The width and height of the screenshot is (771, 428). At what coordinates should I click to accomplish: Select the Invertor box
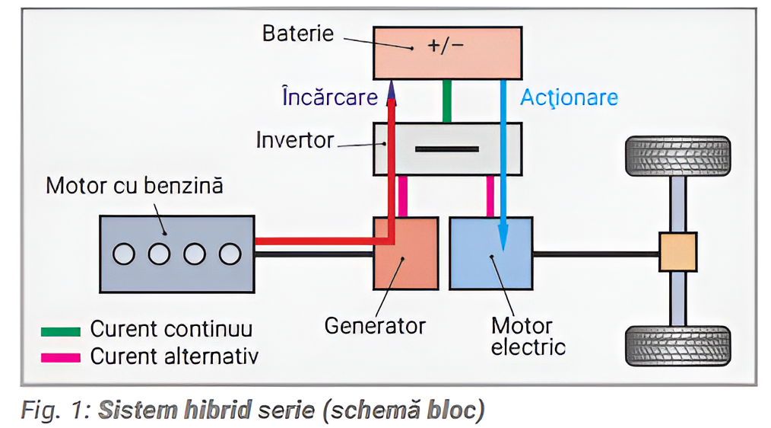(447, 149)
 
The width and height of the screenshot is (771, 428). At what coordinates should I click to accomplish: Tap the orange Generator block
(405, 254)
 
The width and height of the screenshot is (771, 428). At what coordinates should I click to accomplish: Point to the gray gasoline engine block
(176, 254)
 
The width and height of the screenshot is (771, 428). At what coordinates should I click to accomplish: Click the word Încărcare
(329, 97)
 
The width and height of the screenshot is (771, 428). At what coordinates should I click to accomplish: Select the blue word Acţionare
(569, 97)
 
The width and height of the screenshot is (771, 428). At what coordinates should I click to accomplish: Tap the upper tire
(677, 155)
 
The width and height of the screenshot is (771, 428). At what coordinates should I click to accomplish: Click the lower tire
(677, 346)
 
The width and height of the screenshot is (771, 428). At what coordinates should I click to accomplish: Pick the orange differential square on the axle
(677, 252)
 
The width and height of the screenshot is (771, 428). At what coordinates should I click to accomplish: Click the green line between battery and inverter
(447, 101)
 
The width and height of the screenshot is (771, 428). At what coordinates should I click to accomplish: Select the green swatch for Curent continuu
(61, 331)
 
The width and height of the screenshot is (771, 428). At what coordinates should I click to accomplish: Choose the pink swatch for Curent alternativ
(61, 357)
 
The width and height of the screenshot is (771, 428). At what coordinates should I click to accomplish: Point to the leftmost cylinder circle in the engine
(124, 254)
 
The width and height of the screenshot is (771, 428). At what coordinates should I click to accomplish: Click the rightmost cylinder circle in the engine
(229, 254)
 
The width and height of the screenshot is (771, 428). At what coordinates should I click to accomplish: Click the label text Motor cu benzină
(135, 186)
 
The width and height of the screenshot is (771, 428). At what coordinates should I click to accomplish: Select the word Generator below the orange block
(375, 326)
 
